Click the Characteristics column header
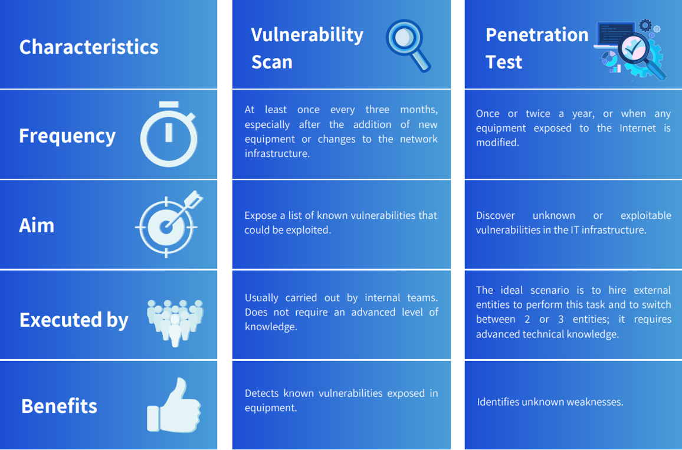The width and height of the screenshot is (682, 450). (x=88, y=47)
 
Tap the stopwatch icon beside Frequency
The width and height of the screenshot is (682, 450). (x=169, y=134)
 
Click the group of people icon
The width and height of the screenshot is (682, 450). (x=175, y=323)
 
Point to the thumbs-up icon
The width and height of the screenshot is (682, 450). (x=174, y=405)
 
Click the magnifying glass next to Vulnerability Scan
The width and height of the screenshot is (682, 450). (x=408, y=45)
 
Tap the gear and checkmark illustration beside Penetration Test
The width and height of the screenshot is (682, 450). (x=630, y=50)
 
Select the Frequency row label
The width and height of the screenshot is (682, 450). (x=67, y=136)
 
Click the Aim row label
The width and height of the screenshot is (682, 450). (x=37, y=226)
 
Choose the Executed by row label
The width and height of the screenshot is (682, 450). (x=74, y=320)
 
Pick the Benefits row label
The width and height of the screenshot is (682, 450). (x=59, y=406)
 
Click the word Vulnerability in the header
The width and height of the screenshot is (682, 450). (x=307, y=35)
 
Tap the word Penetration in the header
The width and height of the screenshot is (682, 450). (x=537, y=35)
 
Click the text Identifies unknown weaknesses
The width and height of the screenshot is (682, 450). (x=550, y=402)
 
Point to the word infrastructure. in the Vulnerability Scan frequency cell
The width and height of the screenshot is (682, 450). (x=277, y=153)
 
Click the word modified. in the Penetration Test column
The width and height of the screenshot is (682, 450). (x=497, y=143)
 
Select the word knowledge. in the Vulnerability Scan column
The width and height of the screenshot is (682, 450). (x=271, y=327)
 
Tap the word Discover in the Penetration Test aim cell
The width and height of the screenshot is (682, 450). (x=496, y=216)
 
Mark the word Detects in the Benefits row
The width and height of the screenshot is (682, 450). (x=262, y=393)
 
